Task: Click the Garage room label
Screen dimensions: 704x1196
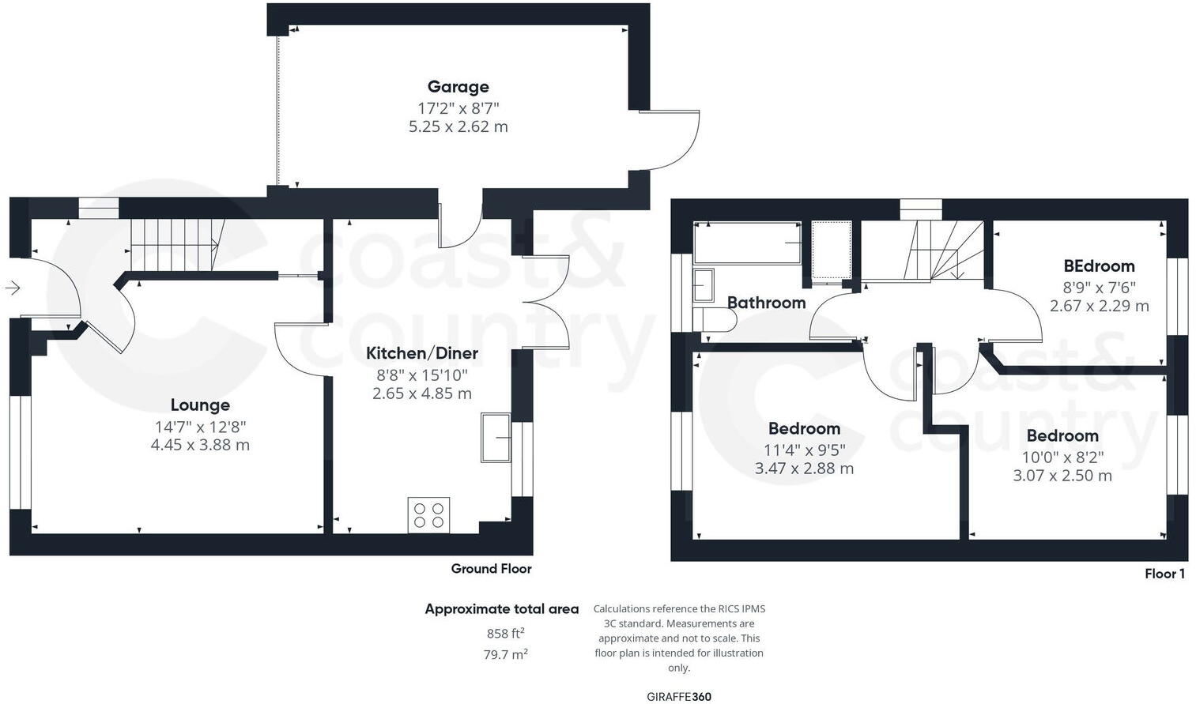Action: (458, 87)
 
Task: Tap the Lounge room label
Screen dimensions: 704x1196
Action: (200, 405)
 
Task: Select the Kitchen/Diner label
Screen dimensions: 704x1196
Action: (421, 353)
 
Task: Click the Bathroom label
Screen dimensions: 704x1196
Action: (766, 303)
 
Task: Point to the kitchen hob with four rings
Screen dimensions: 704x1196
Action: (428, 515)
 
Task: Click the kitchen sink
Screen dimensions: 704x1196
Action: (496, 437)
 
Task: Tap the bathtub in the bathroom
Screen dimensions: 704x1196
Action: (747, 243)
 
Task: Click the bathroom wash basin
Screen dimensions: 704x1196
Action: (703, 285)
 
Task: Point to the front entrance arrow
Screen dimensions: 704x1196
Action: (13, 288)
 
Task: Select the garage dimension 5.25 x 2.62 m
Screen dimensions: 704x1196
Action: (458, 126)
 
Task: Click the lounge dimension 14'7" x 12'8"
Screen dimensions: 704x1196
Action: (200, 427)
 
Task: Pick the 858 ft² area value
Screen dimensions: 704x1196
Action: (505, 634)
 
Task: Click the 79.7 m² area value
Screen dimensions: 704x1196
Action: (505, 654)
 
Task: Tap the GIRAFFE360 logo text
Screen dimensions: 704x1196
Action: (678, 697)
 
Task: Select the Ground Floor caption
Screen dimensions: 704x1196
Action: (491, 569)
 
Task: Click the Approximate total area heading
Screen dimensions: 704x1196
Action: (501, 609)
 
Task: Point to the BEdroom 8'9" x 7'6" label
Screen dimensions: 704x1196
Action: (1099, 267)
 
